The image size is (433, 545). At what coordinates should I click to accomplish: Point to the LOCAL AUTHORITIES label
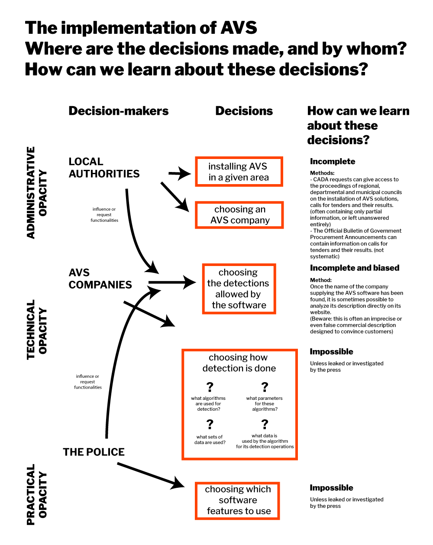click(104, 168)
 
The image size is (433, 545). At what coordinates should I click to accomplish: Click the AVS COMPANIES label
click(100, 279)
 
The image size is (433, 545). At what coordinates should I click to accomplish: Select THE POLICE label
click(94, 452)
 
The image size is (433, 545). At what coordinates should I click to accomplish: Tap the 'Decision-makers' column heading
click(119, 111)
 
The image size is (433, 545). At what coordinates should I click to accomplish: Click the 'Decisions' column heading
click(244, 111)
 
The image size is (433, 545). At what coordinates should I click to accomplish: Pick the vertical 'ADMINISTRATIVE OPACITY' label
click(37, 193)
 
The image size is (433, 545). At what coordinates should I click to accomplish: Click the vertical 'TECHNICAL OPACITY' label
click(37, 330)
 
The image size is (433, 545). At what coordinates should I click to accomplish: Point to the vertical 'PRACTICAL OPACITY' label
click(37, 495)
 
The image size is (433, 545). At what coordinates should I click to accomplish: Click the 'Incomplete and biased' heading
click(355, 268)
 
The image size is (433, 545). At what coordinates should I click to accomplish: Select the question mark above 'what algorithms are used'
click(210, 387)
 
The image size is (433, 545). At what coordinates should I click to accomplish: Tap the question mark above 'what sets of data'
click(210, 424)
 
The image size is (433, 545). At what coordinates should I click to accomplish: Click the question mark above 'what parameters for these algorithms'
click(265, 387)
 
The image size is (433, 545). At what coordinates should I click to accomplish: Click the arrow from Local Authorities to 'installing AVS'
click(180, 173)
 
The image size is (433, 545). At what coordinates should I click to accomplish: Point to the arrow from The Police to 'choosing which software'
click(151, 476)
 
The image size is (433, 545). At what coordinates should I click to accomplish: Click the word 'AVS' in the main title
click(239, 27)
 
